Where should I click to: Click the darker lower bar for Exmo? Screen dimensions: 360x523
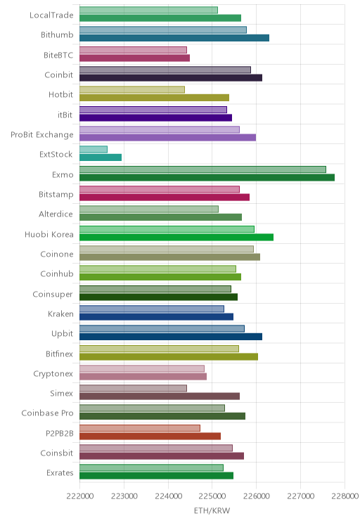tap(207, 177)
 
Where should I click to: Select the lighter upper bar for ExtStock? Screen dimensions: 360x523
tap(94, 150)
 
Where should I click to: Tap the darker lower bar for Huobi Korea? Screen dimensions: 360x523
tap(176, 237)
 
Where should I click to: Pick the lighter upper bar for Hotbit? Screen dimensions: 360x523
tap(132, 90)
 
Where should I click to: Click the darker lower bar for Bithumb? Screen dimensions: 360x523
tap(174, 38)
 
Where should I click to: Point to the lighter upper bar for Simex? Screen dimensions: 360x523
tap(133, 388)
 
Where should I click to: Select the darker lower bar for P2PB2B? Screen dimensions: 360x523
tap(150, 436)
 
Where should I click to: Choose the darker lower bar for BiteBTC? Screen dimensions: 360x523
tap(134, 58)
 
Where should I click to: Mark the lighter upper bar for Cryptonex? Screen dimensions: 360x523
tap(142, 368)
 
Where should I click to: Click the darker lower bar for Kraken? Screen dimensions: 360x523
tap(157, 317)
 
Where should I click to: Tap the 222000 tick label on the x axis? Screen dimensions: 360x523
tap(80, 496)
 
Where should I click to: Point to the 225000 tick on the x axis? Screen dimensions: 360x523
tap(212, 496)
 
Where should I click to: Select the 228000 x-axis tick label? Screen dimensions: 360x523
tap(345, 496)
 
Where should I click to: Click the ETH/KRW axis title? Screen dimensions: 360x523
tap(212, 510)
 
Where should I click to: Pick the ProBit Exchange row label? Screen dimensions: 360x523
tap(42, 135)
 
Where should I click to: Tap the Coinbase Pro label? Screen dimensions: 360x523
tap(47, 413)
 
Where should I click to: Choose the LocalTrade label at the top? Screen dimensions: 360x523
tap(51, 15)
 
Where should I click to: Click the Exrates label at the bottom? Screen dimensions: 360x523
tap(60, 473)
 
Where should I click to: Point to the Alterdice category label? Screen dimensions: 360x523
tap(56, 214)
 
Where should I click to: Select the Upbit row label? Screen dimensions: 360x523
tap(62, 334)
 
